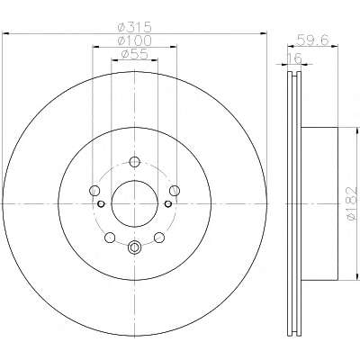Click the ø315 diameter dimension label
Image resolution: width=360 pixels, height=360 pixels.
(134, 28)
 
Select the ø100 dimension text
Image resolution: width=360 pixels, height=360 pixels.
(134, 40)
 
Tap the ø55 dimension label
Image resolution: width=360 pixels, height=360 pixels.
(134, 54)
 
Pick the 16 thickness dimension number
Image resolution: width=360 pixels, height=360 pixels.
(294, 58)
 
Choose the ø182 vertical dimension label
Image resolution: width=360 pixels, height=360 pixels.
(352, 204)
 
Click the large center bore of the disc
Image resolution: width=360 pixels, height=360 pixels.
(135, 203)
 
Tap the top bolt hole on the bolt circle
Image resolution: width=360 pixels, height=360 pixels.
(135, 162)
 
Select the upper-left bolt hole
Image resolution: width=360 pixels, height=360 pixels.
(94, 190)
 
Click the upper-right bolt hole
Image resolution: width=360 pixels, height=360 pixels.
(175, 190)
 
